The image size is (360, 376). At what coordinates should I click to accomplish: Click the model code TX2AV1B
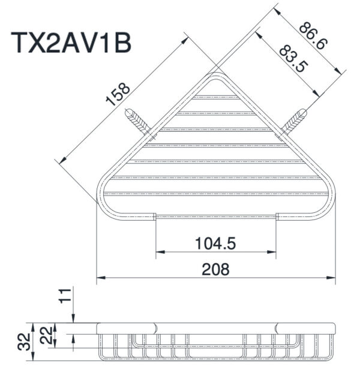[x=71, y=44]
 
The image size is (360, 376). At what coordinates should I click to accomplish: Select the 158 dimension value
[x=118, y=95]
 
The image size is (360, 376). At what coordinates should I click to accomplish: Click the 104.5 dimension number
[x=215, y=243]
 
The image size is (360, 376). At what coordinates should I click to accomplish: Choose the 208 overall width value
[x=215, y=269]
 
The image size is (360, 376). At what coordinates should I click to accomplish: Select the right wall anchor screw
[x=295, y=122]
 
